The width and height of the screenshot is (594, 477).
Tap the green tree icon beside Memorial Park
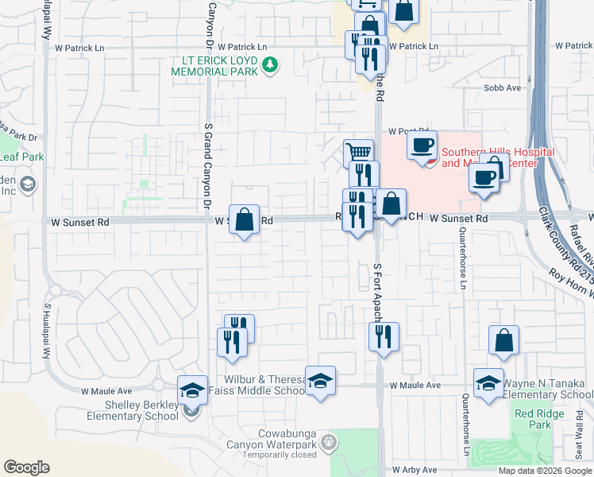(x=271, y=64)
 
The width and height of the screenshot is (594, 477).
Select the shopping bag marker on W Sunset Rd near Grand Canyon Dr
(x=245, y=219)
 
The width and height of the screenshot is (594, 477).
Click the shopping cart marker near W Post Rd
(x=358, y=152)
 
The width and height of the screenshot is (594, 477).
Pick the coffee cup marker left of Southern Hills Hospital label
(x=422, y=145)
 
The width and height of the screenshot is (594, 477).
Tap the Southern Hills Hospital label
(x=488, y=157)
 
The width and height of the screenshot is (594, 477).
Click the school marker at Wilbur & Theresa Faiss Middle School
(x=320, y=381)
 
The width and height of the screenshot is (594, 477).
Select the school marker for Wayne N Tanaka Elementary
(x=488, y=382)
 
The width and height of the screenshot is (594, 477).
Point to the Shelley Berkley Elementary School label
(x=132, y=410)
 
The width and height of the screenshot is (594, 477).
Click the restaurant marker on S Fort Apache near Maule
(x=384, y=337)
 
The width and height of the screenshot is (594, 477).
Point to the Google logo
(x=26, y=467)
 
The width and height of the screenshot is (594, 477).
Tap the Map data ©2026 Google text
(x=544, y=471)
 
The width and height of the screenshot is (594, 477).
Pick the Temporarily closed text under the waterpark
(x=277, y=455)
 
